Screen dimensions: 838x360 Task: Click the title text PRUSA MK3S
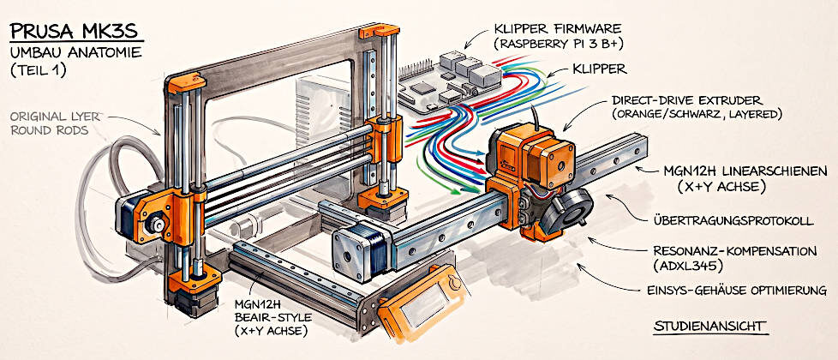point(75,31)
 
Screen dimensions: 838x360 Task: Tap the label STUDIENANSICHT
point(709,326)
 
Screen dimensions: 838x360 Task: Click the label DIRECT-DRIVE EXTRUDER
point(688,101)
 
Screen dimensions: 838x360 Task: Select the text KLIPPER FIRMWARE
point(557,27)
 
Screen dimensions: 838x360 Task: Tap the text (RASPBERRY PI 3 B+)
point(559,44)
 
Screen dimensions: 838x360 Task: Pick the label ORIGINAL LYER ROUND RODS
point(51,123)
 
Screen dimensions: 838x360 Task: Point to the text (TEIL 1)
point(38,71)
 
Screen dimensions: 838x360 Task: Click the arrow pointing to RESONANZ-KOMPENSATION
point(616,247)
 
